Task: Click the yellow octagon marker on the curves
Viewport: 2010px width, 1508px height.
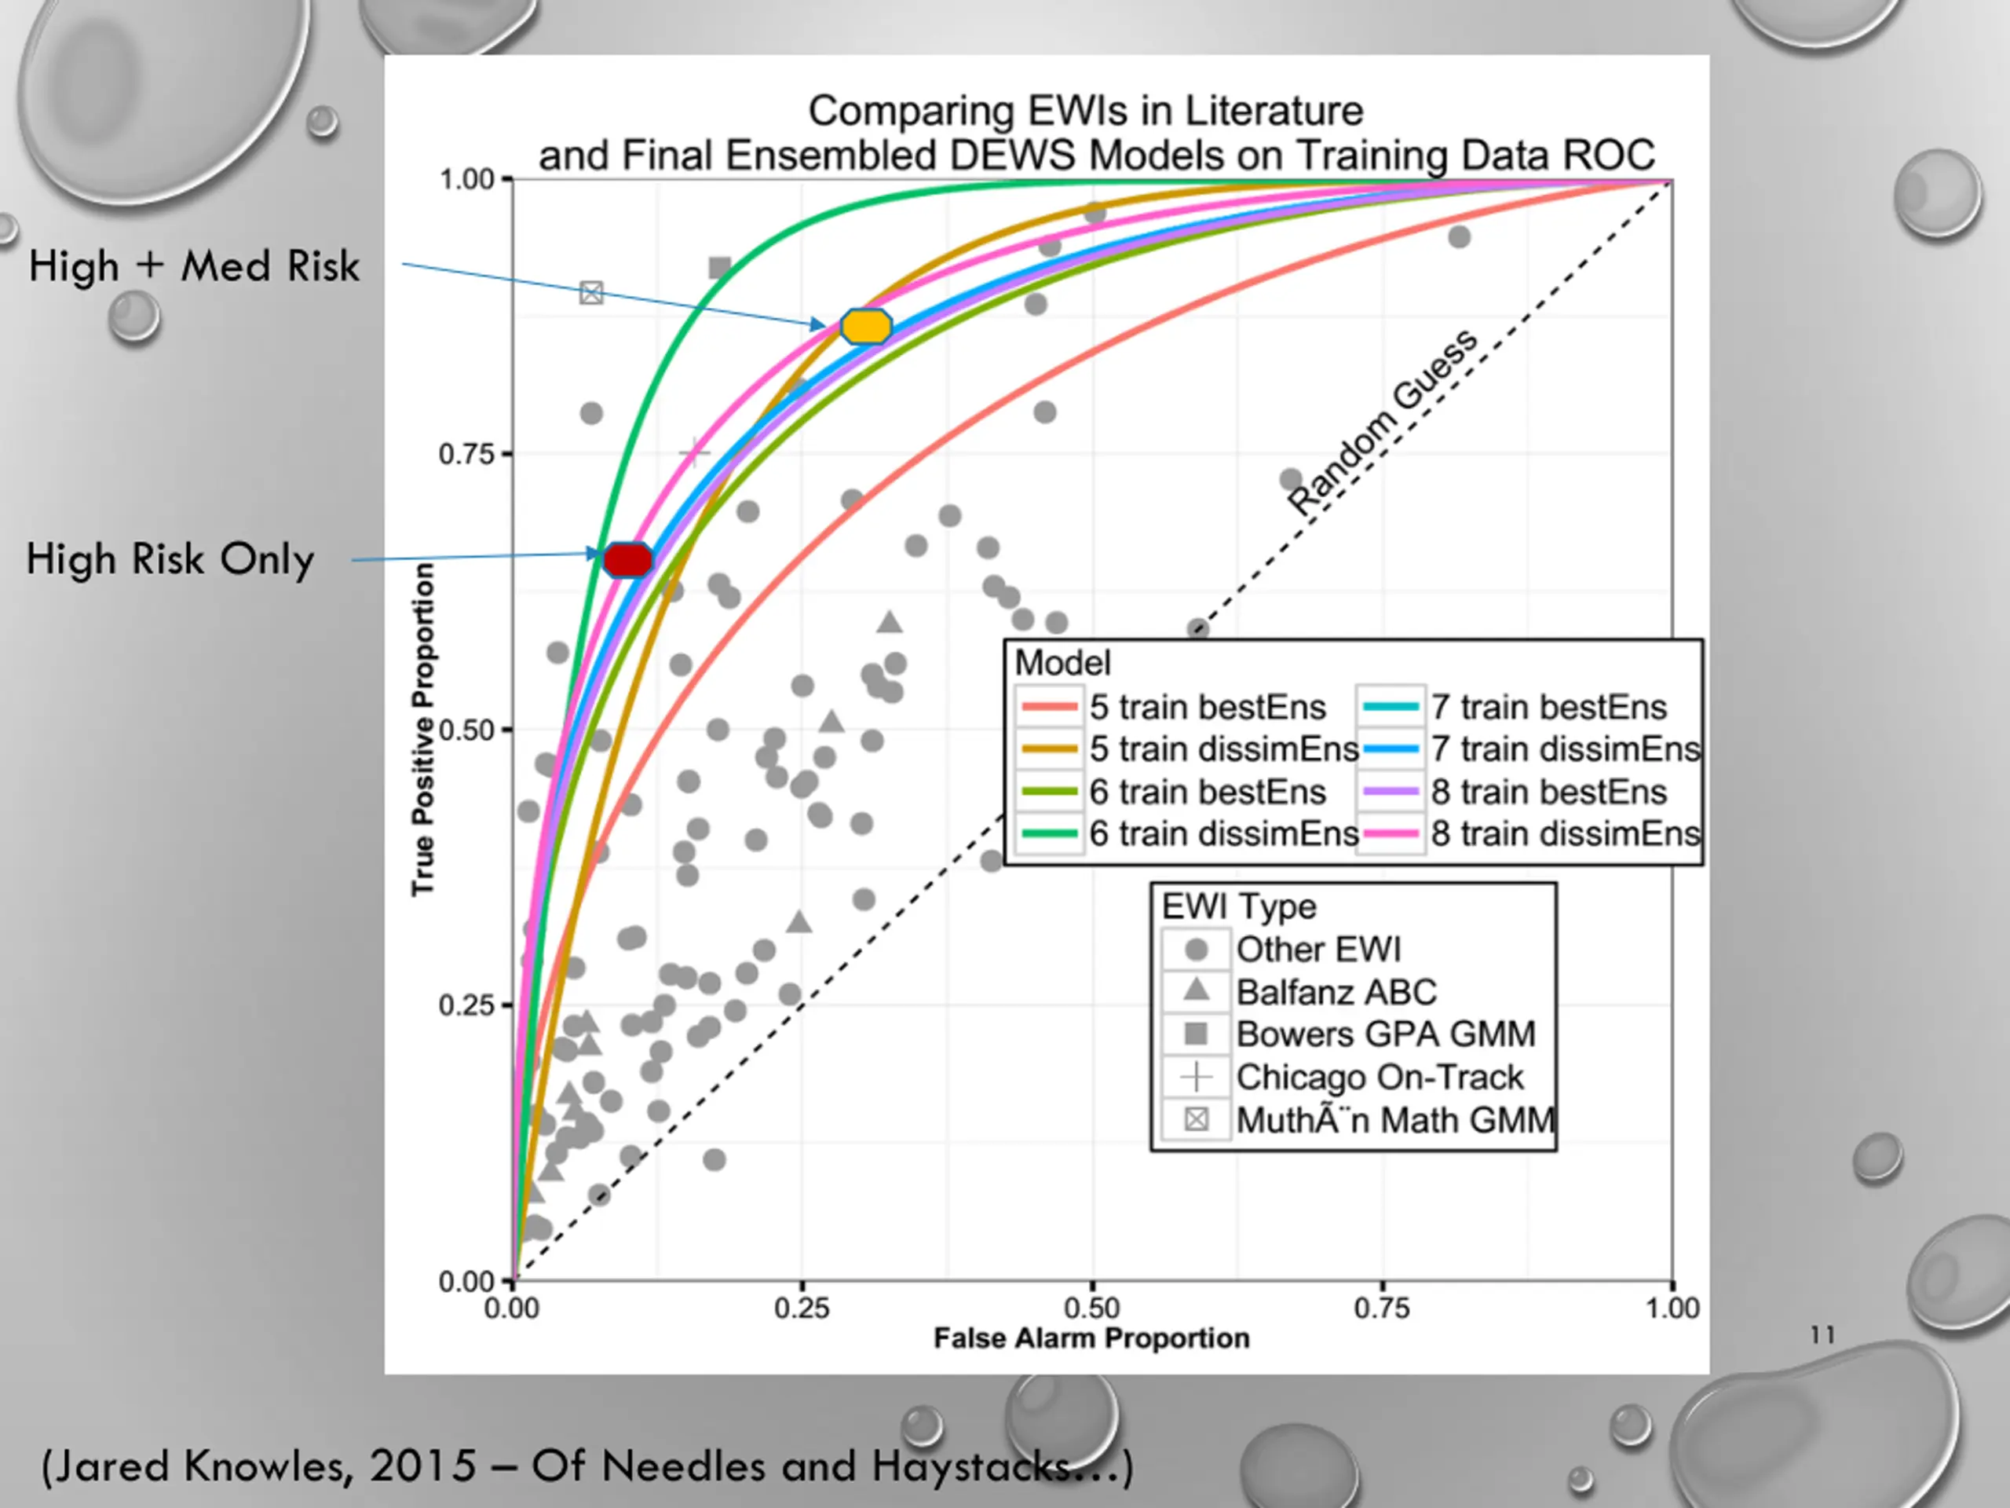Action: tap(865, 326)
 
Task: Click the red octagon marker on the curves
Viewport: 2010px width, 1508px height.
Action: tap(628, 560)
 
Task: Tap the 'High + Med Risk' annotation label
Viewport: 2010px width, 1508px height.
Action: tap(194, 266)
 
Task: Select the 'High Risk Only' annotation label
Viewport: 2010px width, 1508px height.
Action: tap(170, 559)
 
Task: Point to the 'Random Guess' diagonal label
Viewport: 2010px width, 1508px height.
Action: tap(1382, 422)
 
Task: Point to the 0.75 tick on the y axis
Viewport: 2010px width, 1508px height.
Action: tap(467, 455)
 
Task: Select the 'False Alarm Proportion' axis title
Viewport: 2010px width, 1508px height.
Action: tap(1091, 1338)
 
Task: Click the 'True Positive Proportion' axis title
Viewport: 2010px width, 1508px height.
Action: tap(422, 729)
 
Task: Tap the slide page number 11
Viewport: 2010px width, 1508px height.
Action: tap(1822, 1334)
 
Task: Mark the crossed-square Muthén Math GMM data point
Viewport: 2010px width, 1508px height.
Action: tap(591, 293)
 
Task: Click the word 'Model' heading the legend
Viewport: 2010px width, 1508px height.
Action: tap(1062, 663)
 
